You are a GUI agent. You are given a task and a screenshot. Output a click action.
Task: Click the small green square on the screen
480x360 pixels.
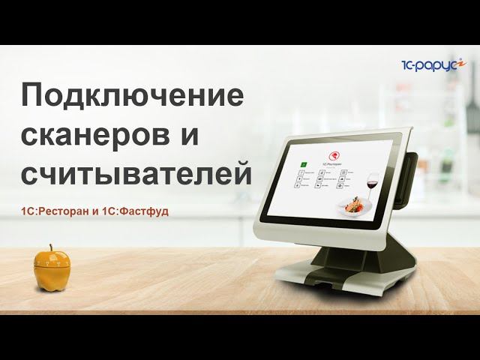301,162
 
